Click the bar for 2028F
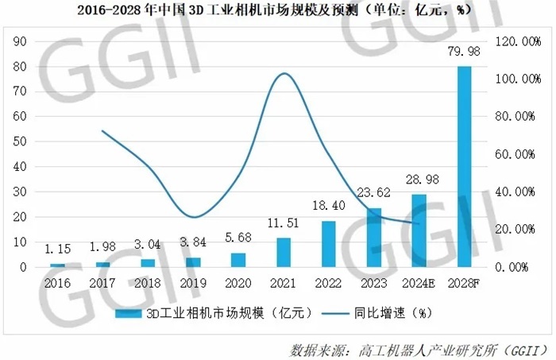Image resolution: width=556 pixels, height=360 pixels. coord(465,167)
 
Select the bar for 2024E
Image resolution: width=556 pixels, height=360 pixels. coord(419,230)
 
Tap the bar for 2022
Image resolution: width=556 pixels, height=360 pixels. coord(329,244)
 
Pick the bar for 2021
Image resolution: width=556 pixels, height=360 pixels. coord(284,253)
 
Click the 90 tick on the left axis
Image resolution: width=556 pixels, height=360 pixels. coord(21,41)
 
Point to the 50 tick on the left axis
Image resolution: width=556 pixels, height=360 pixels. coord(21,141)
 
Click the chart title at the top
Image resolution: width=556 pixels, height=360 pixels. coord(278,10)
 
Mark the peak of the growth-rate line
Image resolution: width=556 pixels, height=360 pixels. coord(284,73)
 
